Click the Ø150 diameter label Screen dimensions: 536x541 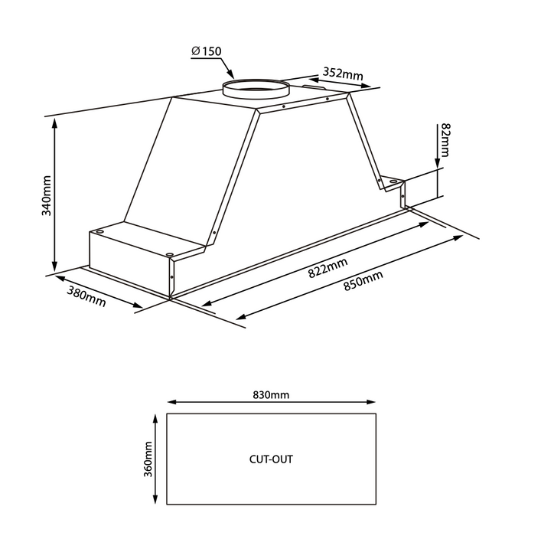(x=206, y=51)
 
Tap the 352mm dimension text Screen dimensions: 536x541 (x=343, y=74)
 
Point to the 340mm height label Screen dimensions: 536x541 (x=46, y=196)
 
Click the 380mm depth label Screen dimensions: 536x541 (x=86, y=295)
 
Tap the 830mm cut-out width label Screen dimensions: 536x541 (x=271, y=395)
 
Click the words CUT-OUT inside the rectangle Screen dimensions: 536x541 (x=271, y=460)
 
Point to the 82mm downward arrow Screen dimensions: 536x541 (x=437, y=149)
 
